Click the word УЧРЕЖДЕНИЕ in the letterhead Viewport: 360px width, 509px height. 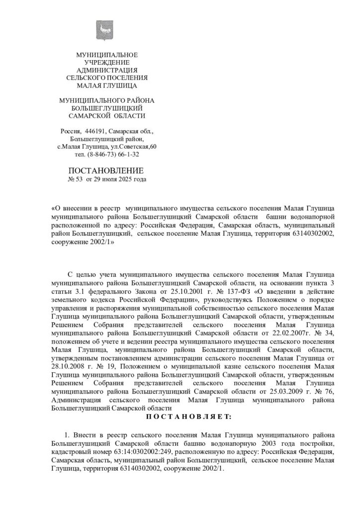[106, 62]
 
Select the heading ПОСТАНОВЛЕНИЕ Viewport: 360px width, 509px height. [106, 170]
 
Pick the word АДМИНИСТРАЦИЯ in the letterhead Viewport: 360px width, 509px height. [106, 70]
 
